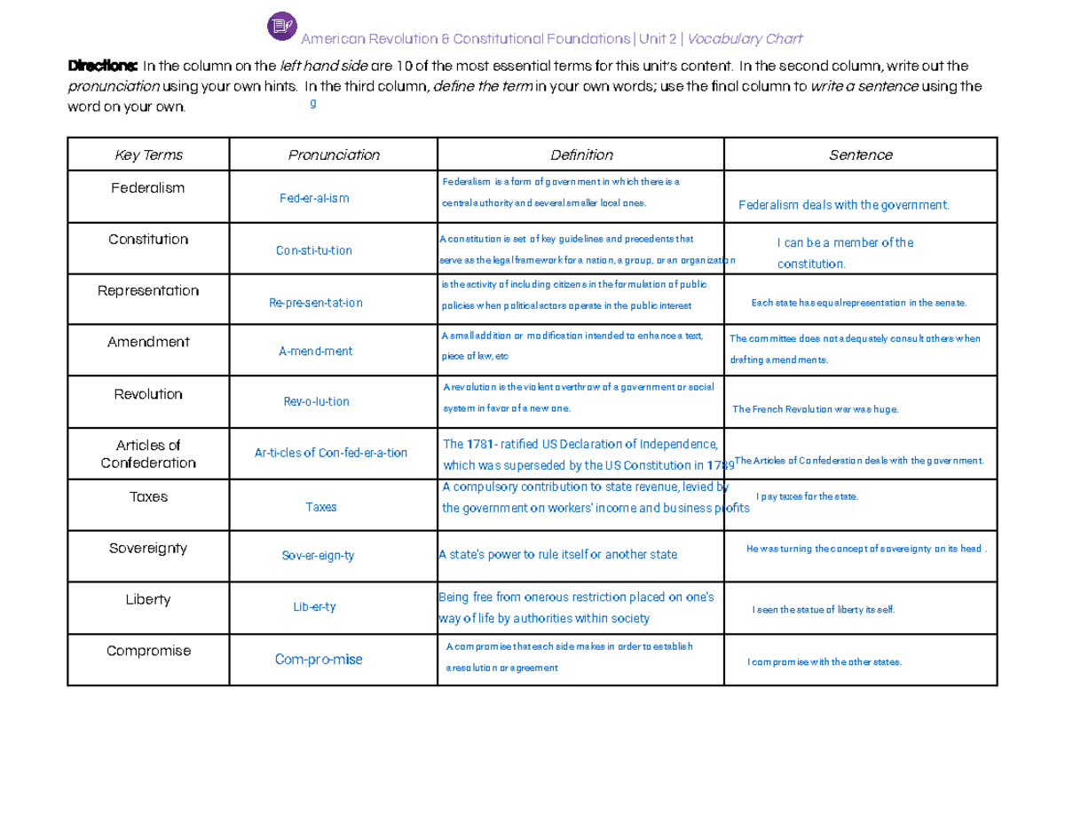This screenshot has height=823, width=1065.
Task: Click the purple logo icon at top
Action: pos(281,27)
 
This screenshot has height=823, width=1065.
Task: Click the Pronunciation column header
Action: pos(334,155)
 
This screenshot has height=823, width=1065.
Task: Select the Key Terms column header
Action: pos(148,155)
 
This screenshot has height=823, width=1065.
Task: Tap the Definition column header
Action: pos(581,155)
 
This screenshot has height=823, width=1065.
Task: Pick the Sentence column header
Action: pos(860,155)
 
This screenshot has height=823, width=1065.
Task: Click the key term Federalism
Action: pos(148,188)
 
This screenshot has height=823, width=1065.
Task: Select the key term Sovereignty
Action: pos(148,549)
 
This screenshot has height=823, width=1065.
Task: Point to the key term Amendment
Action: pos(148,342)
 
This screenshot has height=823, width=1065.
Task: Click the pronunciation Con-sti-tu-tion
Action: pos(314,250)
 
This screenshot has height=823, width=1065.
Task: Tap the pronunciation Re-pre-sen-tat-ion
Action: pos(315,303)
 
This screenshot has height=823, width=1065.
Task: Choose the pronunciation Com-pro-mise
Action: pos(319,660)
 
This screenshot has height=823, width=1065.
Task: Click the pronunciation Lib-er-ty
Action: pos(314,607)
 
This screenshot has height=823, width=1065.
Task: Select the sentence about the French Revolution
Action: pos(816,410)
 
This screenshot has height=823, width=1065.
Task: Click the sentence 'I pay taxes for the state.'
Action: pos(807,496)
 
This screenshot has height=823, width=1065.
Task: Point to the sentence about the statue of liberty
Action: pos(824,610)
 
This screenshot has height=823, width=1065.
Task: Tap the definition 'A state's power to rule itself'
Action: pos(558,555)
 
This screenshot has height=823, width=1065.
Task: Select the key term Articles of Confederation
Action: pos(148,454)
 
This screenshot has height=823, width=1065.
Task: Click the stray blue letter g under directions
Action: pos(312,103)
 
